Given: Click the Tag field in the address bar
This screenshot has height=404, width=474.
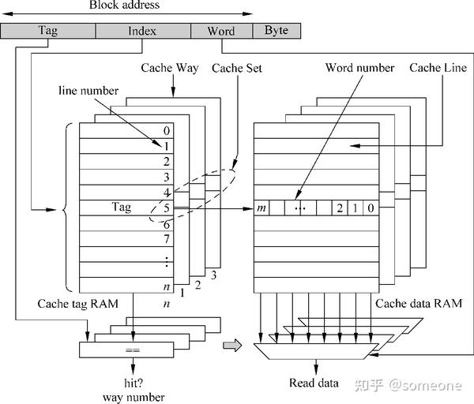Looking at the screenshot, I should [x=47, y=32].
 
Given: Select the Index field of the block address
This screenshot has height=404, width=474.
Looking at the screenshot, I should [x=142, y=32].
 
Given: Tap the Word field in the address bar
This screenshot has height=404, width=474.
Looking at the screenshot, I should [x=221, y=32].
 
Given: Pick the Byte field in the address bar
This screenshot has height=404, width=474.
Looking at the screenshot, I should [x=276, y=32].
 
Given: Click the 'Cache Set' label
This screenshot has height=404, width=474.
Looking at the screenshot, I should [x=237, y=69].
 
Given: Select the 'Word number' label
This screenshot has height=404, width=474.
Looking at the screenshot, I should [x=359, y=69].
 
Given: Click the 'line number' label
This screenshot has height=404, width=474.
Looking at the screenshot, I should [x=88, y=91].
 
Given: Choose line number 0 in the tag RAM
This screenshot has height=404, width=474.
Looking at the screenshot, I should [x=166, y=131].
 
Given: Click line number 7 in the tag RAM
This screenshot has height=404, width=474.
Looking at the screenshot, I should [x=166, y=239].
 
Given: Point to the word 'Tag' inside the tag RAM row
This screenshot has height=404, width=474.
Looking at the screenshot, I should [x=122, y=208].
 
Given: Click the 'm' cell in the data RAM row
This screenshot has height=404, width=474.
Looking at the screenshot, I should [x=261, y=208].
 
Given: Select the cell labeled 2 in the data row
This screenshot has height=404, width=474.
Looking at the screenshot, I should [x=339, y=208].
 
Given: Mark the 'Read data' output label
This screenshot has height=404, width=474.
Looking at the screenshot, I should [x=314, y=384].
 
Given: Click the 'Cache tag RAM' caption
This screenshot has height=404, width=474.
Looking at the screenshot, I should [x=73, y=304].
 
